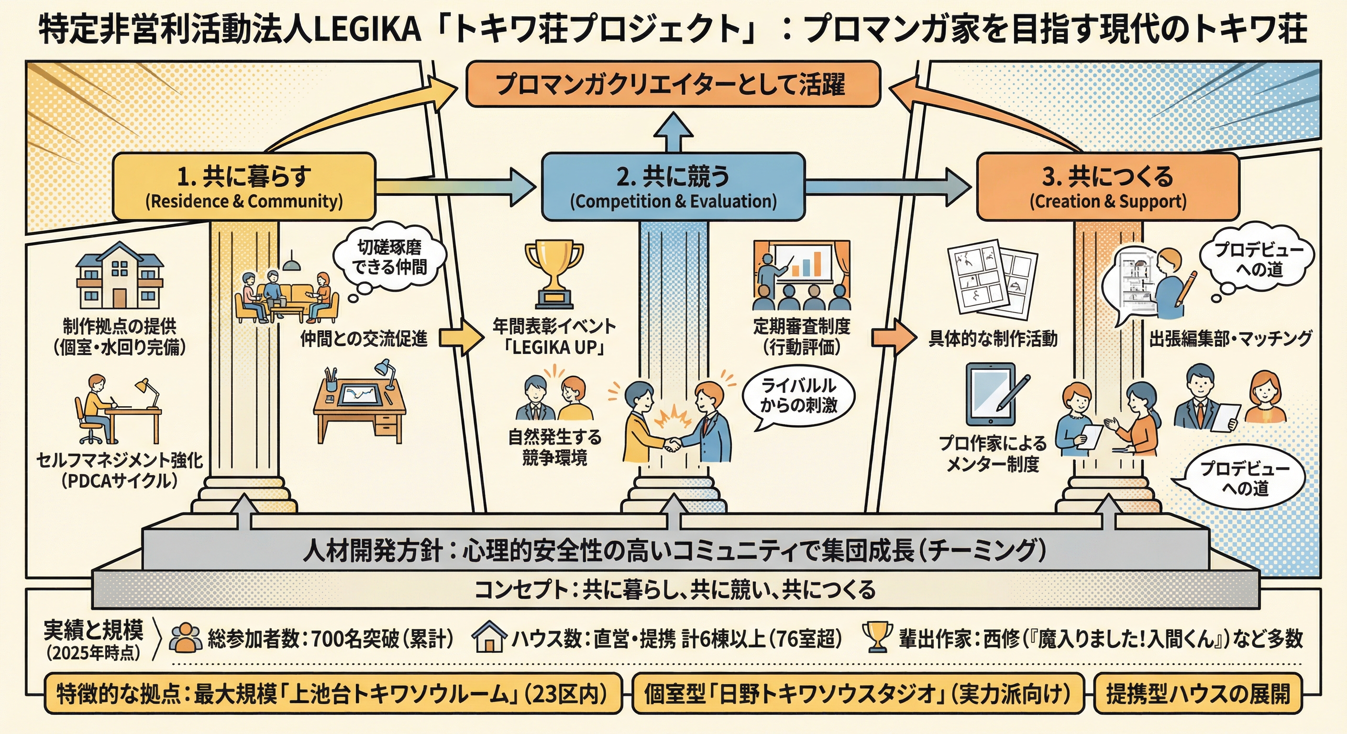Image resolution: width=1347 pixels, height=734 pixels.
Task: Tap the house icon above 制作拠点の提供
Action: [120, 275]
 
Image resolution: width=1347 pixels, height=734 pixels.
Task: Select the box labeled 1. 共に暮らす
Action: [244, 186]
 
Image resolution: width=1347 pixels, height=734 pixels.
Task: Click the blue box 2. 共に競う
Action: [673, 186]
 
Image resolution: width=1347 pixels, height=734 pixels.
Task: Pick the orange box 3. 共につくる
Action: [1108, 186]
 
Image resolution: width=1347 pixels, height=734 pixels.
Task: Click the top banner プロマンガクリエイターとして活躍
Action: [673, 84]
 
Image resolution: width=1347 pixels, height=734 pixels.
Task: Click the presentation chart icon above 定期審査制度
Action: [801, 275]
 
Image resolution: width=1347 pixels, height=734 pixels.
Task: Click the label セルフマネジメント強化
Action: [119, 460]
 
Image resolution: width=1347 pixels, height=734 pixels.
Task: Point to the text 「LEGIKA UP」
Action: [555, 347]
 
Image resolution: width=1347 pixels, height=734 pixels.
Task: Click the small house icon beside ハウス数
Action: [489, 637]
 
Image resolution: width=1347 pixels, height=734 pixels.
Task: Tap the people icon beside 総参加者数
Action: [186, 637]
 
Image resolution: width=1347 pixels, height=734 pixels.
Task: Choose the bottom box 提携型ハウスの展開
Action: [1197, 694]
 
